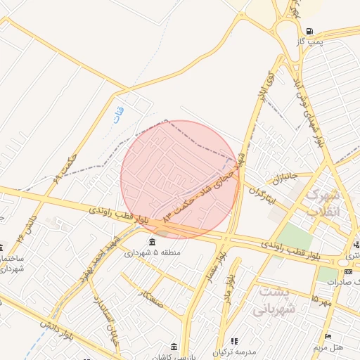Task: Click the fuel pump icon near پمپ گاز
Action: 309,32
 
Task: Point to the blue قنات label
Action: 118,112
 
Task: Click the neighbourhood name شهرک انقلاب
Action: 323,202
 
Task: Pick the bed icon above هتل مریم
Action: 328,336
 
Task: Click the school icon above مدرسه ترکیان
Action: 234,341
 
